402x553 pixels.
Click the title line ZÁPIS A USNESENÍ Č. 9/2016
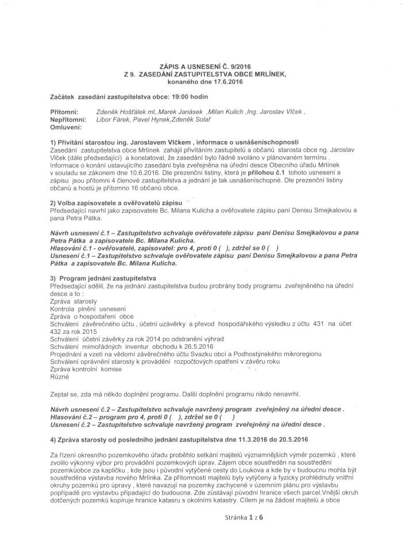(201, 67)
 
